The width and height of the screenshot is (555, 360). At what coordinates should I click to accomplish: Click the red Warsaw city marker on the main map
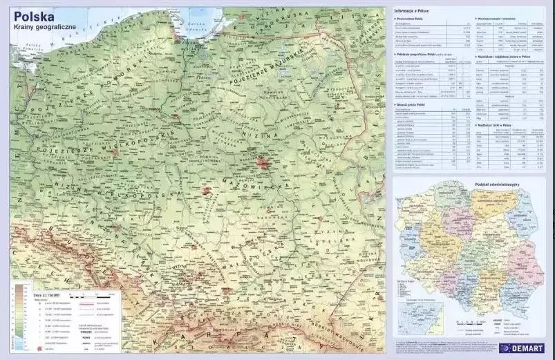(263, 162)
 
